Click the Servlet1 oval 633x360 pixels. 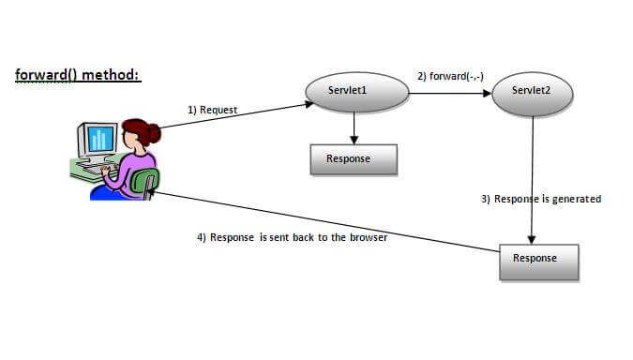tap(356, 91)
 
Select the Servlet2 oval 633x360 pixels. tap(533, 91)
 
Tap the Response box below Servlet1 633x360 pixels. tap(354, 159)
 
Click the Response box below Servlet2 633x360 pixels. tap(539, 259)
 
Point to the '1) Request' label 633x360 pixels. tap(212, 111)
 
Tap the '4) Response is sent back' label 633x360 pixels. tap(292, 237)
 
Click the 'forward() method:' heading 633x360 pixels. tap(78, 74)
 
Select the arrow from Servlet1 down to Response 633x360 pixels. tap(354, 127)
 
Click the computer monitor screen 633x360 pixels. tap(99, 139)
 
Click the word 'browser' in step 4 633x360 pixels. tap(367, 237)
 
